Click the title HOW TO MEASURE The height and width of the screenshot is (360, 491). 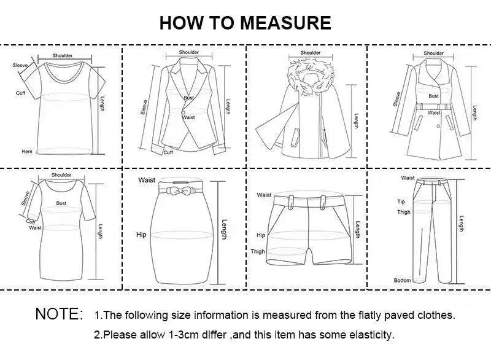245,23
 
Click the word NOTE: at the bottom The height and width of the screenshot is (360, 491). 59,315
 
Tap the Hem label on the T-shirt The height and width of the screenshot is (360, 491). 26,151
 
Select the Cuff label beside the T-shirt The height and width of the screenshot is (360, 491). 20,93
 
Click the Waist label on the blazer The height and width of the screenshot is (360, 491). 189,117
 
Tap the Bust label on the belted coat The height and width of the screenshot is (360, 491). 433,96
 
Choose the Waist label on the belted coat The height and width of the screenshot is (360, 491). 434,113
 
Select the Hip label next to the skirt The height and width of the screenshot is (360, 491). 141,235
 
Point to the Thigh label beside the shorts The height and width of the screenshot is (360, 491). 257,251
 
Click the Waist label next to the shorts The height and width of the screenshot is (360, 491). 264,195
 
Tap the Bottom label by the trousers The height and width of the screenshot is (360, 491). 402,280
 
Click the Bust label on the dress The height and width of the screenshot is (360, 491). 61,202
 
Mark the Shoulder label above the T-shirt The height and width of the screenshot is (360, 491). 62,56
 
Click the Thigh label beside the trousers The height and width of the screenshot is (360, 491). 403,212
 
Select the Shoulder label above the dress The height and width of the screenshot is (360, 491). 61,175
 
